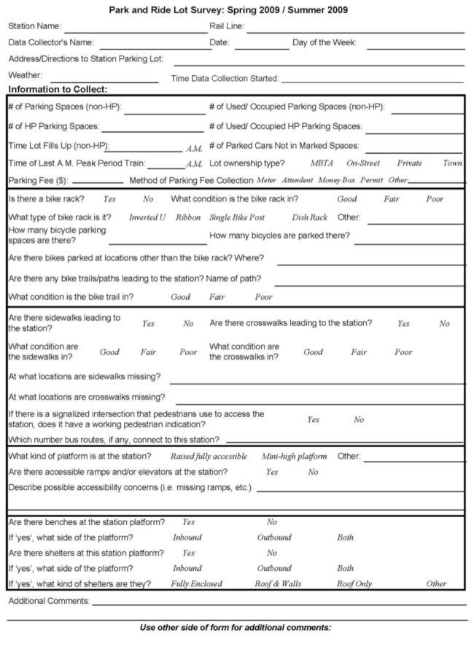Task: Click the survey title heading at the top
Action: (x=238, y=10)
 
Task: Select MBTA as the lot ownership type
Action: (x=322, y=163)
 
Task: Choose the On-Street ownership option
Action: (x=363, y=163)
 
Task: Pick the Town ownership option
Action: (x=452, y=163)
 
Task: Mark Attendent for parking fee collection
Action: (x=298, y=179)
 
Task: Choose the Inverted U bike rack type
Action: (x=147, y=217)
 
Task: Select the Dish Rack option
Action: (x=309, y=217)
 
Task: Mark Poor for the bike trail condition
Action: (x=263, y=297)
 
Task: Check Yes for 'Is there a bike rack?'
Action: (x=109, y=198)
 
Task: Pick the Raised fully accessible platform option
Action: (x=210, y=456)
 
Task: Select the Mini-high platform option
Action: (x=294, y=456)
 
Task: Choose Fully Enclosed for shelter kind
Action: (x=196, y=583)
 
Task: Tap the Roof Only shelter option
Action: (x=354, y=583)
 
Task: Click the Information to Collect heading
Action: (x=58, y=90)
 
